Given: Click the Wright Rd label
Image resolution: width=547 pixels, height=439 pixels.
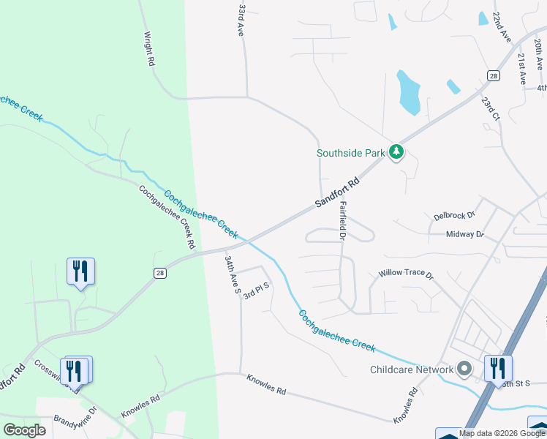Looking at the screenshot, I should click(150, 49).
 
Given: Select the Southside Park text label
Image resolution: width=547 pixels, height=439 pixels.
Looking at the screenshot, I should click(350, 153).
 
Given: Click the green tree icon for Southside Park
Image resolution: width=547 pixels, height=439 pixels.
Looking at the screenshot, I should click(396, 152).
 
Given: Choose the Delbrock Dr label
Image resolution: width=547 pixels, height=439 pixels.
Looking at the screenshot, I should click(454, 216).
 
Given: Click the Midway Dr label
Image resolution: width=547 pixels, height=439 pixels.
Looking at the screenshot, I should click(465, 234).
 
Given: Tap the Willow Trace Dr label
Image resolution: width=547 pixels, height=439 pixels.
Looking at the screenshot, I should click(406, 274).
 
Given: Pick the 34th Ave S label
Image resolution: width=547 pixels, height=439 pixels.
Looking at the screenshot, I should click(233, 274).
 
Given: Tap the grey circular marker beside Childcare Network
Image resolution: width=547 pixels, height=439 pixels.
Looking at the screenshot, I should click(464, 369).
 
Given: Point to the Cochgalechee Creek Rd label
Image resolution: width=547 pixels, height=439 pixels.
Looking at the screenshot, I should click(168, 215).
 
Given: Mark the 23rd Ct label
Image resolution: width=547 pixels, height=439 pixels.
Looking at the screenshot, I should click(489, 108).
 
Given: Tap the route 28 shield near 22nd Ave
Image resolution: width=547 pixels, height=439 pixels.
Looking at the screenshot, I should click(494, 75).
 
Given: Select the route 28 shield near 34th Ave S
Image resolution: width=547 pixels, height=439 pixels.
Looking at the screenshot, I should click(160, 272).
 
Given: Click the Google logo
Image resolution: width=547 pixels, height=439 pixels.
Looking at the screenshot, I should click(24, 430).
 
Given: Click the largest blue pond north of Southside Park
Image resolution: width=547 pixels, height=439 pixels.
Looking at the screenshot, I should click(408, 92).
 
